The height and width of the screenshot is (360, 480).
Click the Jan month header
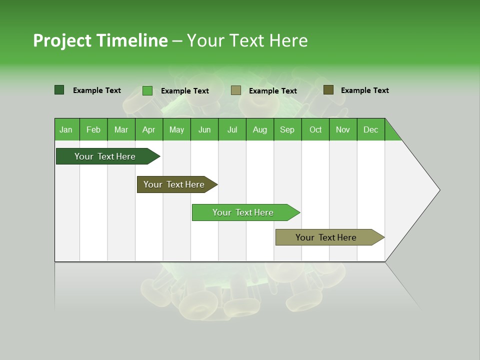[66, 129]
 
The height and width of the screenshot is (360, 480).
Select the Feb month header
[93, 129]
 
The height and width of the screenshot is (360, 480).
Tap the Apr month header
[148, 129]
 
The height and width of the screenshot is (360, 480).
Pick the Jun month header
[204, 129]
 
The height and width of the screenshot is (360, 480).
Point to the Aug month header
[259, 129]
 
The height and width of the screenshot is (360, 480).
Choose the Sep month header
[287, 129]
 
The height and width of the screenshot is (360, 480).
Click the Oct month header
[315, 129]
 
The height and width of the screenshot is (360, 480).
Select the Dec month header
[370, 129]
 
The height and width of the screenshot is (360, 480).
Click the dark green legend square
[59, 90]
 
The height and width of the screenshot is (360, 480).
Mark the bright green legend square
[147, 90]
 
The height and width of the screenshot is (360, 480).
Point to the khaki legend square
[236, 90]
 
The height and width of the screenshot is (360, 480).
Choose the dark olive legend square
[328, 90]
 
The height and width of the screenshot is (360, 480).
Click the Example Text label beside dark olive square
[364, 90]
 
